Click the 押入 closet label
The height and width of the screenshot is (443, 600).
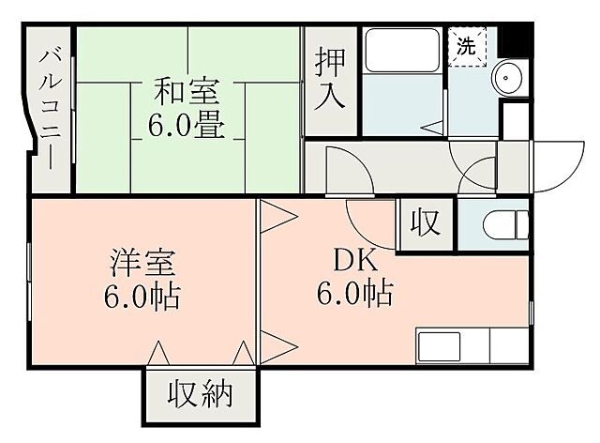tap(330, 78)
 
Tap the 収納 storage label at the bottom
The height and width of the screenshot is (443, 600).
tap(199, 395)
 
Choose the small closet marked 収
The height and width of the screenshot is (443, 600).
tap(425, 225)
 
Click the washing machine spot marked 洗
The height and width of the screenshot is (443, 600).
tap(466, 43)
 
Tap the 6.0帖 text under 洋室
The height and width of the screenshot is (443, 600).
tap(141, 298)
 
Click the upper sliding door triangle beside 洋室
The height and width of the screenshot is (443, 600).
tap(277, 217)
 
